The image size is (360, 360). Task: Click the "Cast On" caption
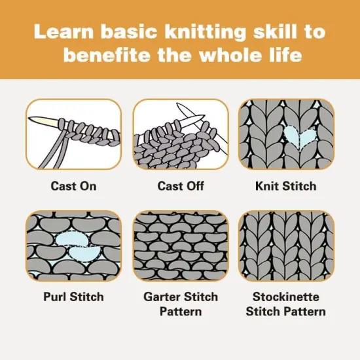[73, 186]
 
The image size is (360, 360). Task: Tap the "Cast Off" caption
[179, 186]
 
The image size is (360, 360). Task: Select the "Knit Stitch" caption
[285, 186]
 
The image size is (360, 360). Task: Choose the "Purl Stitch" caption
[73, 297]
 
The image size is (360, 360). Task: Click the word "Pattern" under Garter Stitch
[179, 311]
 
